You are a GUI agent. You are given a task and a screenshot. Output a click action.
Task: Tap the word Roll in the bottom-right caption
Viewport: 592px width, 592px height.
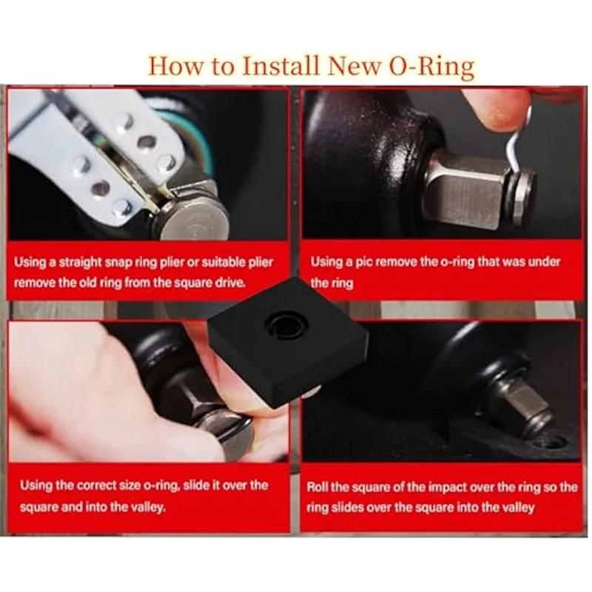tap(319, 487)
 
